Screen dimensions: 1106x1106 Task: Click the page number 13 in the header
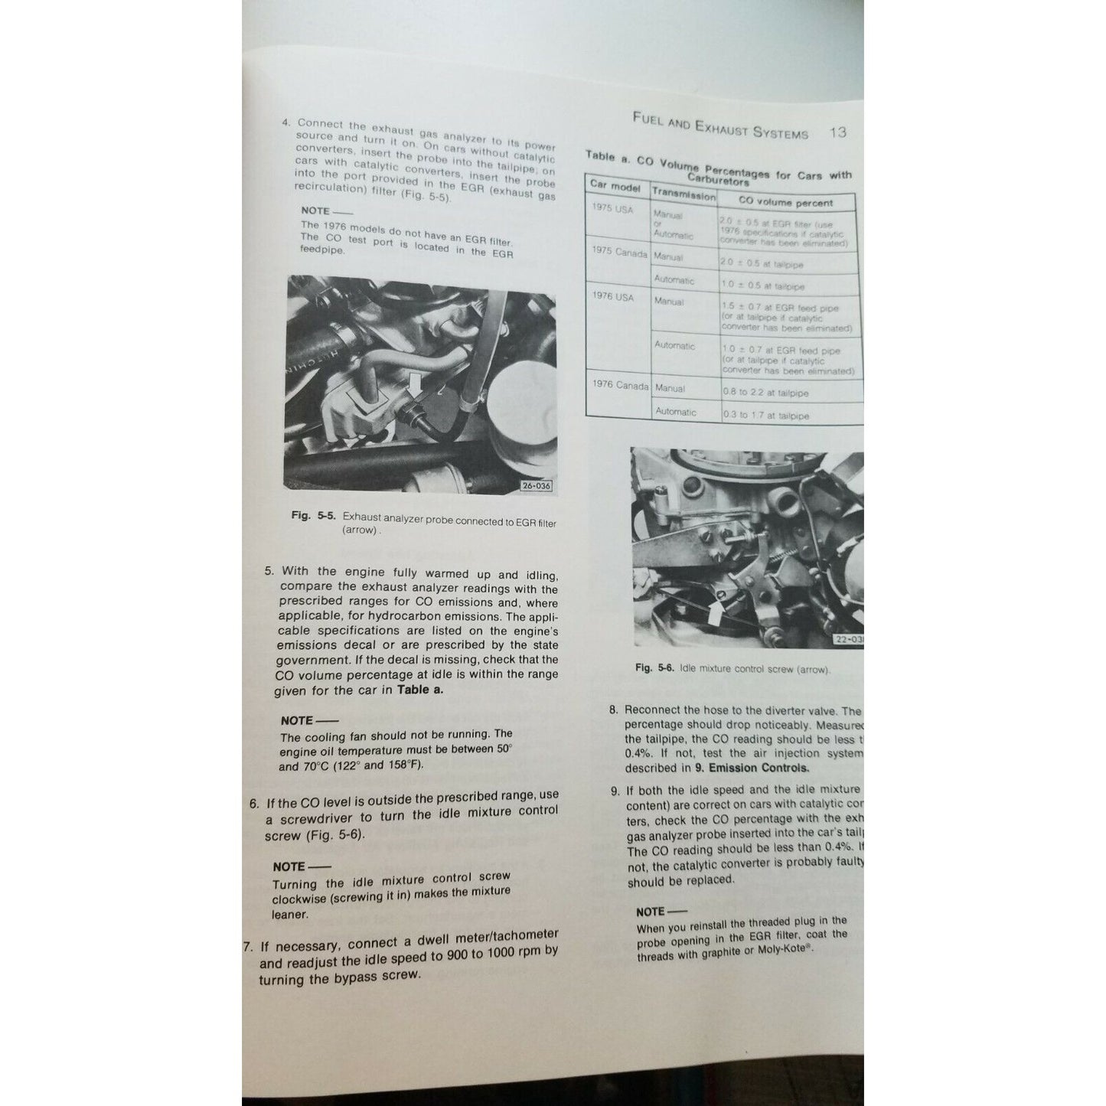pyautogui.click(x=838, y=132)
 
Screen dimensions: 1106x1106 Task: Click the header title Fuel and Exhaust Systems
pyautogui.click(x=720, y=126)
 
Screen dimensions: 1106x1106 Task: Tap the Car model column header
pyautogui.click(x=615, y=186)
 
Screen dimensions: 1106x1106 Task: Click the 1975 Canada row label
pyautogui.click(x=619, y=253)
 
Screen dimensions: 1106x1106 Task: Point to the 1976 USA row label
pyautogui.click(x=613, y=296)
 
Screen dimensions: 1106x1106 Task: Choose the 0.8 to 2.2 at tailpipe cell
pyautogui.click(x=765, y=393)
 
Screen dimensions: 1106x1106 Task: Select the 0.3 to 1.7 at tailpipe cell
pyautogui.click(x=765, y=416)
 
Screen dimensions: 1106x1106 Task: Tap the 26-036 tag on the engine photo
pyautogui.click(x=536, y=485)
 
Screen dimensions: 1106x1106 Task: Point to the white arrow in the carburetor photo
pyautogui.click(x=715, y=612)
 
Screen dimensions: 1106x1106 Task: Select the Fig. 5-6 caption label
pyautogui.click(x=654, y=667)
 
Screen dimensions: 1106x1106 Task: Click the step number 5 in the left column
pyautogui.click(x=269, y=571)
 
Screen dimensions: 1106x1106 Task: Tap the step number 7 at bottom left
pyautogui.click(x=247, y=946)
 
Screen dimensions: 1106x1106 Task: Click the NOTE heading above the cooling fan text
pyautogui.click(x=297, y=720)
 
